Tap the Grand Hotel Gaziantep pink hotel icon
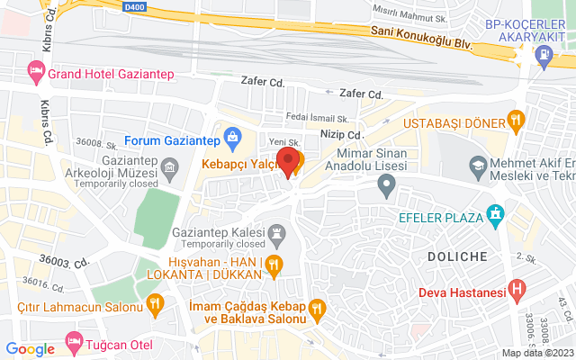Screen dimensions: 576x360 coord(36,69)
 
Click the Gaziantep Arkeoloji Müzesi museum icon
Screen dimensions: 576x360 coord(170,166)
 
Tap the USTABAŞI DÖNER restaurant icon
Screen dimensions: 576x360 coord(515,119)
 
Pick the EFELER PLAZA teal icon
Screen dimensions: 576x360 coord(494,216)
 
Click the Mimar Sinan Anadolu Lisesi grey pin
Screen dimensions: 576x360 coord(387,187)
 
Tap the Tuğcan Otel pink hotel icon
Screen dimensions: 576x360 coord(73,343)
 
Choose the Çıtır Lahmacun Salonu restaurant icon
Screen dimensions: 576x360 coord(155,304)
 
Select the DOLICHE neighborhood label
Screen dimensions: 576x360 coord(457,256)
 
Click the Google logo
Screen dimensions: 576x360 coord(31,349)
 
